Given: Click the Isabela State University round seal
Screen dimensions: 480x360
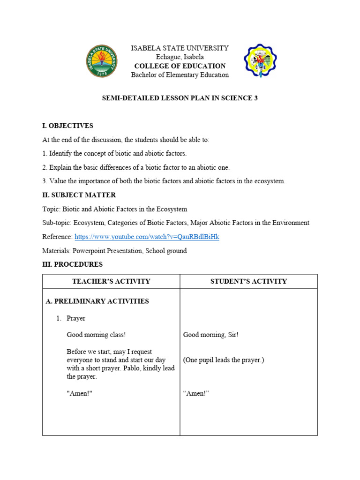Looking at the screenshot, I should (x=102, y=61).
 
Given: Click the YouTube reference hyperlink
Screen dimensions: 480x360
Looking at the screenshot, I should (x=147, y=237).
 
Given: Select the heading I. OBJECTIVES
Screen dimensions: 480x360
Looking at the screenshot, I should (x=67, y=126).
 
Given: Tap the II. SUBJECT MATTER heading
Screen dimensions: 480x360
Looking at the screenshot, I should (x=79, y=195).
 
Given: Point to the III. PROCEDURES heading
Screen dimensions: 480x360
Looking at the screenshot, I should (x=72, y=264).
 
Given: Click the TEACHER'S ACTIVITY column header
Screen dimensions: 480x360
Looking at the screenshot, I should (x=111, y=281).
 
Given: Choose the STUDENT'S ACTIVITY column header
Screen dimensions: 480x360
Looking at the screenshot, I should (x=248, y=281).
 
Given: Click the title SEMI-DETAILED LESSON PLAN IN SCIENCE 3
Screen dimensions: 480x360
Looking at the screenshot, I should (x=180, y=98).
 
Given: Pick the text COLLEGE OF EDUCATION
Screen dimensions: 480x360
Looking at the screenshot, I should (x=180, y=66).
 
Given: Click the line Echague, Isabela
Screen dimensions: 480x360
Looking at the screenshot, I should (x=180, y=57).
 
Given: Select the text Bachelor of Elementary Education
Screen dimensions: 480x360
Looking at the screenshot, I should (x=180, y=75).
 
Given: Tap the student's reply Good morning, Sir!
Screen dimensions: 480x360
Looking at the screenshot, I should (x=211, y=335).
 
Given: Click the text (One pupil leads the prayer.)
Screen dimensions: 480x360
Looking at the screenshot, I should (x=224, y=360).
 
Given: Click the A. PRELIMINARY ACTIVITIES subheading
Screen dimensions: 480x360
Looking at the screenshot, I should (x=97, y=301).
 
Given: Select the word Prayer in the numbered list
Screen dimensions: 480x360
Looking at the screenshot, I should (x=76, y=318).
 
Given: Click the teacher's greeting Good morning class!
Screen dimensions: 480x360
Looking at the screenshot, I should (x=96, y=335).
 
